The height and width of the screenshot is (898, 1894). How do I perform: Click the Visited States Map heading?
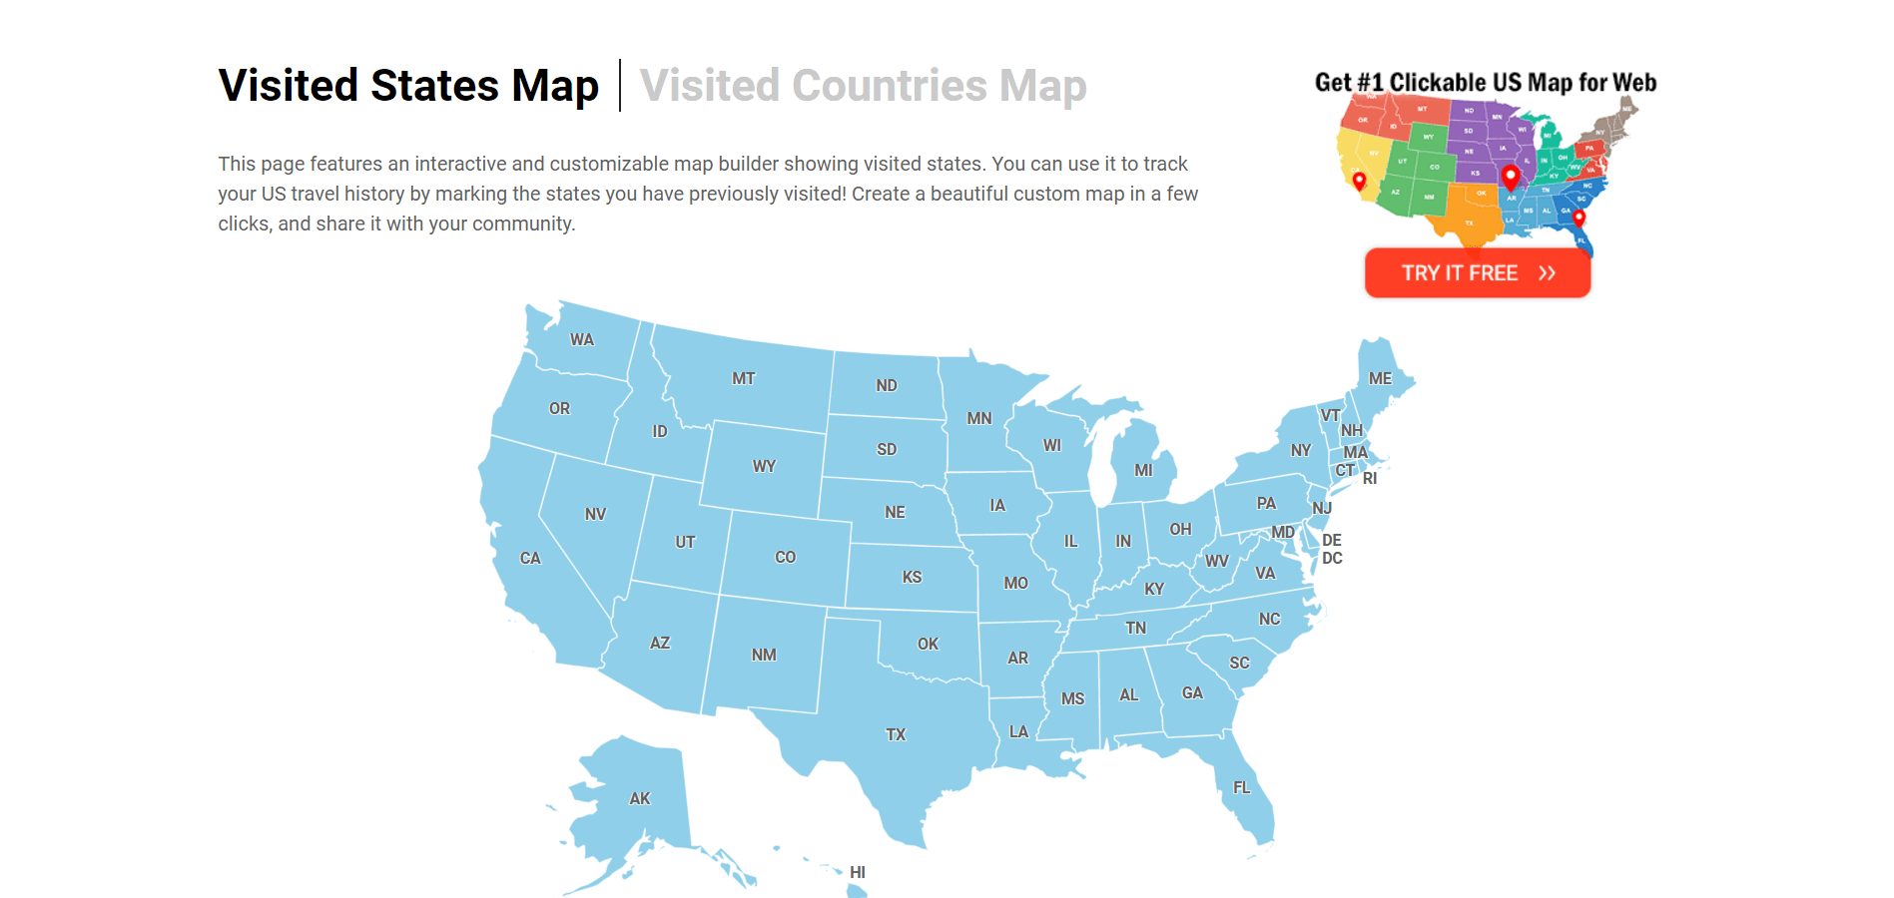[408, 86]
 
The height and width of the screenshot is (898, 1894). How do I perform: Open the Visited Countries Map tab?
[863, 86]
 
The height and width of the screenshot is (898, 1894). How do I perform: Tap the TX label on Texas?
[896, 734]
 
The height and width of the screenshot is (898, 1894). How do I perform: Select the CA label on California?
[530, 558]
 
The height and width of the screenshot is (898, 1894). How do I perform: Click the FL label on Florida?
[1241, 787]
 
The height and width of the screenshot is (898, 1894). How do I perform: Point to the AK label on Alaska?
[640, 798]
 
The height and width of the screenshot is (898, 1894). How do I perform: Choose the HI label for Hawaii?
[858, 872]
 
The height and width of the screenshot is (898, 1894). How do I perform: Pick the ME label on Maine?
[1380, 378]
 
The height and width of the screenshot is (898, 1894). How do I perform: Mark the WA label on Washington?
[582, 339]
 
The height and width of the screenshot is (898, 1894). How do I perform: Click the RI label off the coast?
[1370, 478]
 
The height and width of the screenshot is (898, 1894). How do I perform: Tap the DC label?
[1332, 558]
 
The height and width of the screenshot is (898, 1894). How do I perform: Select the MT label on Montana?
[743, 378]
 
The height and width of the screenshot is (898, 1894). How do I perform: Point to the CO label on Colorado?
[785, 557]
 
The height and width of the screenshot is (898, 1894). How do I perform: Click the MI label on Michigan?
[1143, 470]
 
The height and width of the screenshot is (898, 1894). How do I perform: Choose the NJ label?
[1322, 508]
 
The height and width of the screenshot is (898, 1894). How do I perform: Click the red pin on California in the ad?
[1359, 181]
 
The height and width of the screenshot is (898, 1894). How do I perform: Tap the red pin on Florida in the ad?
[1578, 218]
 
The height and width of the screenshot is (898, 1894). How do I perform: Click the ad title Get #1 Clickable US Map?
[1485, 82]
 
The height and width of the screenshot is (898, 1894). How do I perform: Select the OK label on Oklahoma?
[928, 644]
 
